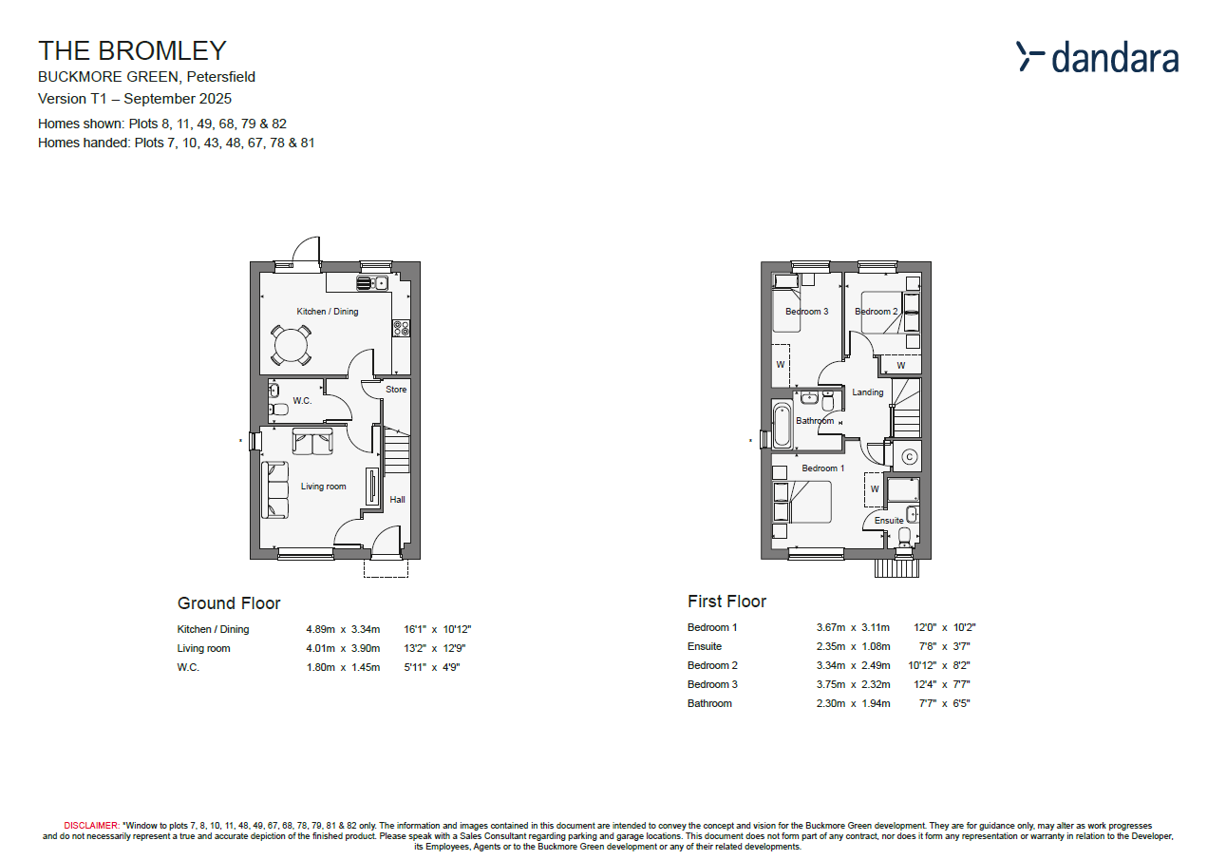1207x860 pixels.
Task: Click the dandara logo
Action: point(1097,57)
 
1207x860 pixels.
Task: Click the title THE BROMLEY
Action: point(132,50)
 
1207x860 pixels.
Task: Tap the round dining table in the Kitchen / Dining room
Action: point(291,345)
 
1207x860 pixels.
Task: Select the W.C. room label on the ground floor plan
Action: point(302,401)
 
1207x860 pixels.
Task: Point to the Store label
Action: point(396,390)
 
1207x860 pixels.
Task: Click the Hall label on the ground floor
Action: point(397,499)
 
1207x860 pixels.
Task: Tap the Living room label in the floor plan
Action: point(323,487)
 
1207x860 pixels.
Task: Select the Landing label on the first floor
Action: point(867,392)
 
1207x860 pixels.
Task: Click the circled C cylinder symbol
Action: point(909,457)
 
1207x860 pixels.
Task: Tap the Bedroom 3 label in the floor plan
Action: point(806,312)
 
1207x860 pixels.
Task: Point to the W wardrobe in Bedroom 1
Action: point(875,489)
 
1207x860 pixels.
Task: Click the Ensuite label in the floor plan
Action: point(889,521)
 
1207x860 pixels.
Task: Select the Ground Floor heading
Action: point(229,603)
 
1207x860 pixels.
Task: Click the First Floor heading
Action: point(726,602)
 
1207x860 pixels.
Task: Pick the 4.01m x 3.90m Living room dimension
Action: point(342,648)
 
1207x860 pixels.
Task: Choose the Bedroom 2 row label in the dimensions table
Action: point(712,665)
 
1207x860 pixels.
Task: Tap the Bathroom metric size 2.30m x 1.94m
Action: point(853,703)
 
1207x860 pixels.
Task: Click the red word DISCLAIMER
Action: point(91,826)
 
